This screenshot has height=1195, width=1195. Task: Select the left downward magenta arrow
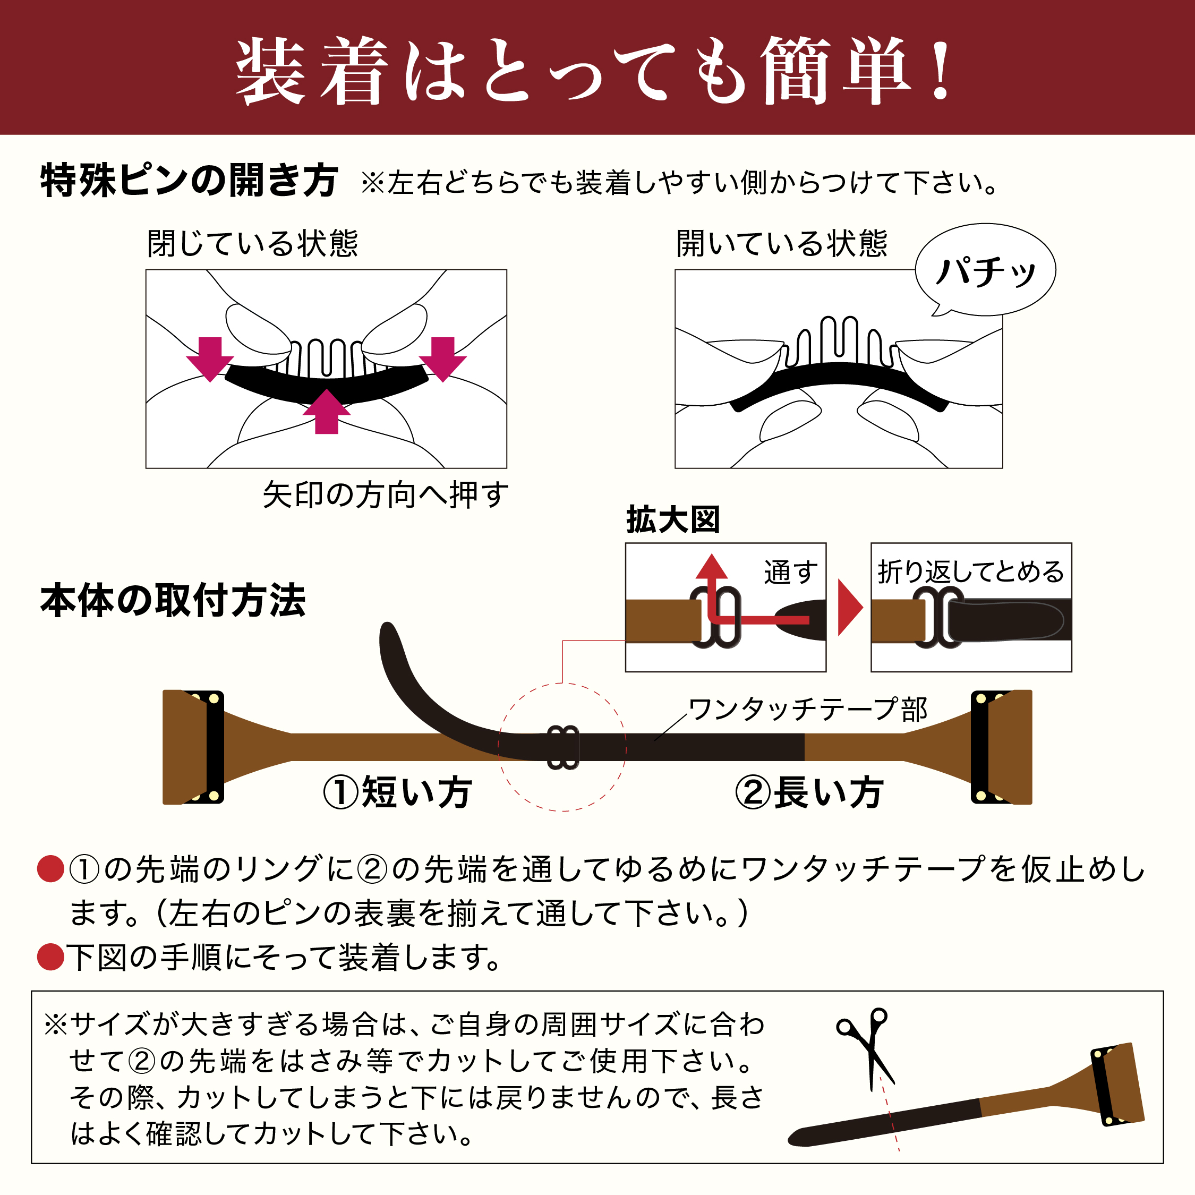[210, 358]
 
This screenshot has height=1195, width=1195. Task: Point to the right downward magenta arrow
[442, 358]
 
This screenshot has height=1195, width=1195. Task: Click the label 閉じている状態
[252, 243]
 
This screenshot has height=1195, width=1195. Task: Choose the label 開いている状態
[781, 243]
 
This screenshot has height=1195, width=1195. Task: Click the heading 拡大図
[673, 519]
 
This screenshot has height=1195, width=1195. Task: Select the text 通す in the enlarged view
[790, 571]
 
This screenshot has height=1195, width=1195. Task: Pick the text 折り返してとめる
[970, 571]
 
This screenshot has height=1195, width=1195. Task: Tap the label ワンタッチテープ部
[808, 710]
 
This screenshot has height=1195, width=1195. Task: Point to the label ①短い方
[398, 792]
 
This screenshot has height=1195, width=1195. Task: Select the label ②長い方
[808, 792]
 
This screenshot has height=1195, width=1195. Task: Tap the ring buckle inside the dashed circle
[563, 747]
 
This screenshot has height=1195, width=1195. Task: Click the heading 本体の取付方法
[173, 601]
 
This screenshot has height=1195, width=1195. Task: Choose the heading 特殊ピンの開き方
[189, 181]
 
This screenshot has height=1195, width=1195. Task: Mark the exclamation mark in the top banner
[942, 69]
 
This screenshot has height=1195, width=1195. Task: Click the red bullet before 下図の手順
[50, 957]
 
